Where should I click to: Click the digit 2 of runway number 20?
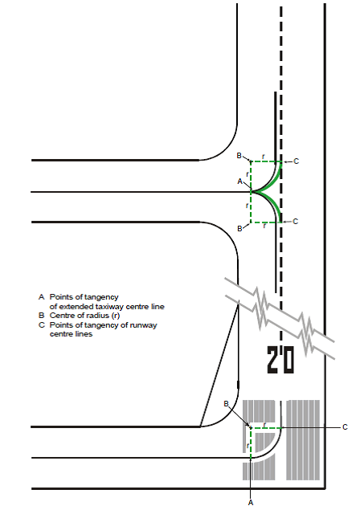tap(272, 359)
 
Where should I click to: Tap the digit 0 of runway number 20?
tap(288, 359)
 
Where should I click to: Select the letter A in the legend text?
tap(41, 297)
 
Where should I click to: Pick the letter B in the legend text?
tap(41, 316)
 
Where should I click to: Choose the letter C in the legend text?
tap(41, 325)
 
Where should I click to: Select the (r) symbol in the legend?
tap(115, 316)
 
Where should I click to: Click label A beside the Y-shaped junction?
tap(240, 182)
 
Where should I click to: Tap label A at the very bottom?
tap(250, 503)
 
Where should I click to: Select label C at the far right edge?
tap(346, 427)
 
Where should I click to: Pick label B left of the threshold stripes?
tap(227, 404)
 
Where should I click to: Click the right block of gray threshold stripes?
tap(303, 440)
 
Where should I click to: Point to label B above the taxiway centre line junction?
tap(239, 156)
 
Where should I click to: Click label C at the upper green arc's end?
tap(296, 161)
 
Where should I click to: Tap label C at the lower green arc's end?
tap(295, 222)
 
